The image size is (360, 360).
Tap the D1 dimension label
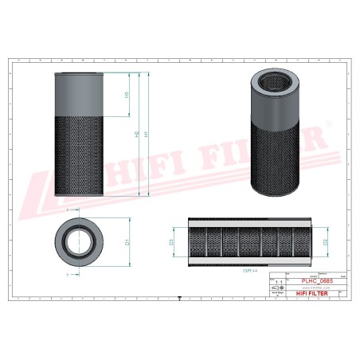129,241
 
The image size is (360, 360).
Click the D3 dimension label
172,241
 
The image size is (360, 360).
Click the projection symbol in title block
278,289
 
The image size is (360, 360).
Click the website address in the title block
310,288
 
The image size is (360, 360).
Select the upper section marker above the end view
67,209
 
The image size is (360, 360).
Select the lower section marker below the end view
67,274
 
